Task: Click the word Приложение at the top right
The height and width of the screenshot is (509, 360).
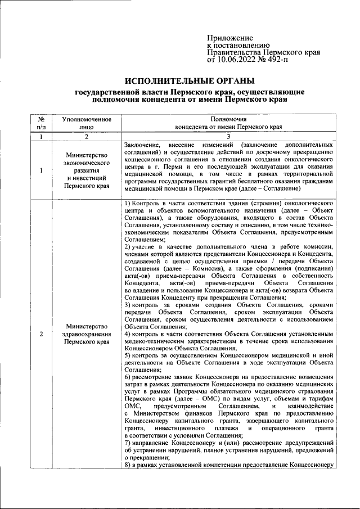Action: [230, 37]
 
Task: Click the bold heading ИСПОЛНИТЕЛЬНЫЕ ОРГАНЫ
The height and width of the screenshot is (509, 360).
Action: [191, 81]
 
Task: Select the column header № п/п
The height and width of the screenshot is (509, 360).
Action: [41, 123]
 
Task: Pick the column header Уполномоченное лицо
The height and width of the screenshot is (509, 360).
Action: [86, 123]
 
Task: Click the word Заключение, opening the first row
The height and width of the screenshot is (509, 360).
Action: [142, 145]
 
